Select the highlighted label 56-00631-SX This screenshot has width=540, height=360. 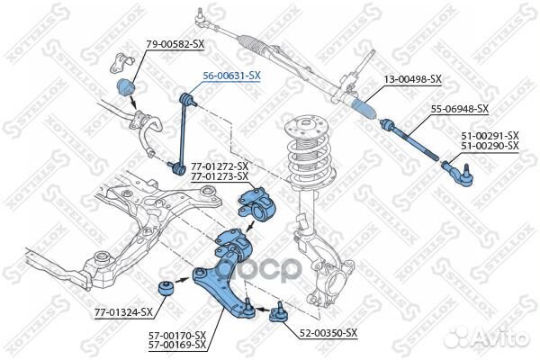[232, 76]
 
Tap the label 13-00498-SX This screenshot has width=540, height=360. [413, 79]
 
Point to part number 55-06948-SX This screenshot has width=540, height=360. [459, 109]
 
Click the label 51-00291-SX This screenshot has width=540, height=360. [490, 135]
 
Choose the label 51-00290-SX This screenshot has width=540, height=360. [490, 145]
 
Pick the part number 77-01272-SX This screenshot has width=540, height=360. [219, 166]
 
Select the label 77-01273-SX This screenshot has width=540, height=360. [219, 176]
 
